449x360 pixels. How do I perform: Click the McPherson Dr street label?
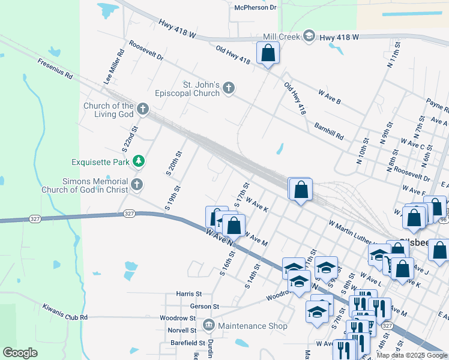click(255, 7)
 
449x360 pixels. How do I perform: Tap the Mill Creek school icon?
click(309, 37)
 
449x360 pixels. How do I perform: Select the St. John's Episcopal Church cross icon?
click(228, 89)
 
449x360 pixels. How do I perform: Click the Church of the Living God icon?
click(142, 109)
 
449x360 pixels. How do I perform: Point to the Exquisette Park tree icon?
click(139, 161)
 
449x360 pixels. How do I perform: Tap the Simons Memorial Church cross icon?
click(137, 185)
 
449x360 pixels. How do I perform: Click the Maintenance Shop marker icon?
click(208, 326)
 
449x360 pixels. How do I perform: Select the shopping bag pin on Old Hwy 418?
click(268, 53)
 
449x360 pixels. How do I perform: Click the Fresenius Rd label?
click(55, 69)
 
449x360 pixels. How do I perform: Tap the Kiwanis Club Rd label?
click(65, 312)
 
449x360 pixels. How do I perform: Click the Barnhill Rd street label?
click(329, 131)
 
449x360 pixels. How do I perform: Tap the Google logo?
click(20, 353)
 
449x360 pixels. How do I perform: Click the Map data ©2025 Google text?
click(412, 355)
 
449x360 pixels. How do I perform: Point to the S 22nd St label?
click(134, 137)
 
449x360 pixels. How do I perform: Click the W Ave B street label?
click(330, 97)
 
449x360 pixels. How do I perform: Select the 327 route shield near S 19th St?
click(129, 213)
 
